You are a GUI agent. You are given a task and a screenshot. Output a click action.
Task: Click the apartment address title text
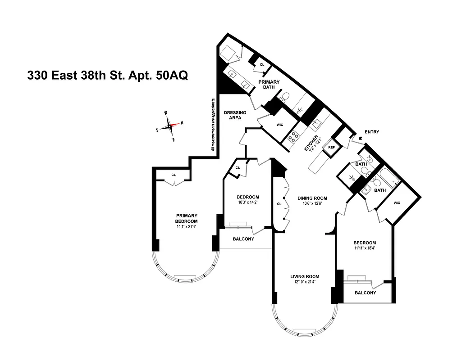(107, 75)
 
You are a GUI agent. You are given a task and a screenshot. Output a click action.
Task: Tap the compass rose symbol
(169, 126)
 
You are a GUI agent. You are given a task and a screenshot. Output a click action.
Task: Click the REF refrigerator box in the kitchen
(331, 148)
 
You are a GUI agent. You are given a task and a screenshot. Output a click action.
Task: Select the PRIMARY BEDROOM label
(187, 218)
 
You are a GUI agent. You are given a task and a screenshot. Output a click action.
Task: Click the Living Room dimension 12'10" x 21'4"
(305, 282)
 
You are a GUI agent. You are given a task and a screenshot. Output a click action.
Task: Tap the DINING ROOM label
(312, 198)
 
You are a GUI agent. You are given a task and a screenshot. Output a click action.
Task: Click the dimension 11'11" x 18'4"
(365, 248)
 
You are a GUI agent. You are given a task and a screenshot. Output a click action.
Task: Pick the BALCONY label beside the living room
(365, 293)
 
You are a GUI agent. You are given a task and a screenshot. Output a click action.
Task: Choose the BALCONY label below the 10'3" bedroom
(243, 239)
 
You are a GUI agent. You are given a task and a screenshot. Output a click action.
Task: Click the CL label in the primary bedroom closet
(174, 175)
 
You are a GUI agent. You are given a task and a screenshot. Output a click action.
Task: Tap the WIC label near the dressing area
(279, 125)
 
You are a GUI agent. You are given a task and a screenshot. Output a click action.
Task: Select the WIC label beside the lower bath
(397, 203)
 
